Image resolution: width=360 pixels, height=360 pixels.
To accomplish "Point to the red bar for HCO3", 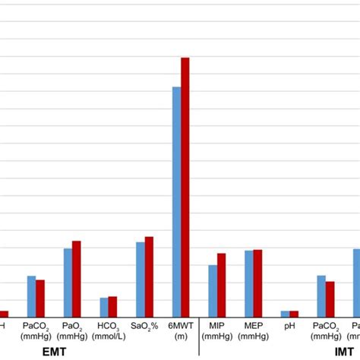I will [112, 307].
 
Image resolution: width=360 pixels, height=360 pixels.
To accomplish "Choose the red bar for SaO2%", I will [149, 277].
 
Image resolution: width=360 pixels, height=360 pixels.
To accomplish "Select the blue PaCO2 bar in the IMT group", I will [321, 296].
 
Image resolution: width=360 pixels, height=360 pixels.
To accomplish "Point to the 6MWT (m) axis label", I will [180, 330].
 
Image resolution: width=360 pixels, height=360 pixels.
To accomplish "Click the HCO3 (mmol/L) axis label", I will [108, 330].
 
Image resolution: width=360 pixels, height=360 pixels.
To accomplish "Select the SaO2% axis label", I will [144, 326].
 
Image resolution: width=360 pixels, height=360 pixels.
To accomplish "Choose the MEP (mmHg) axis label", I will [253, 330].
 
